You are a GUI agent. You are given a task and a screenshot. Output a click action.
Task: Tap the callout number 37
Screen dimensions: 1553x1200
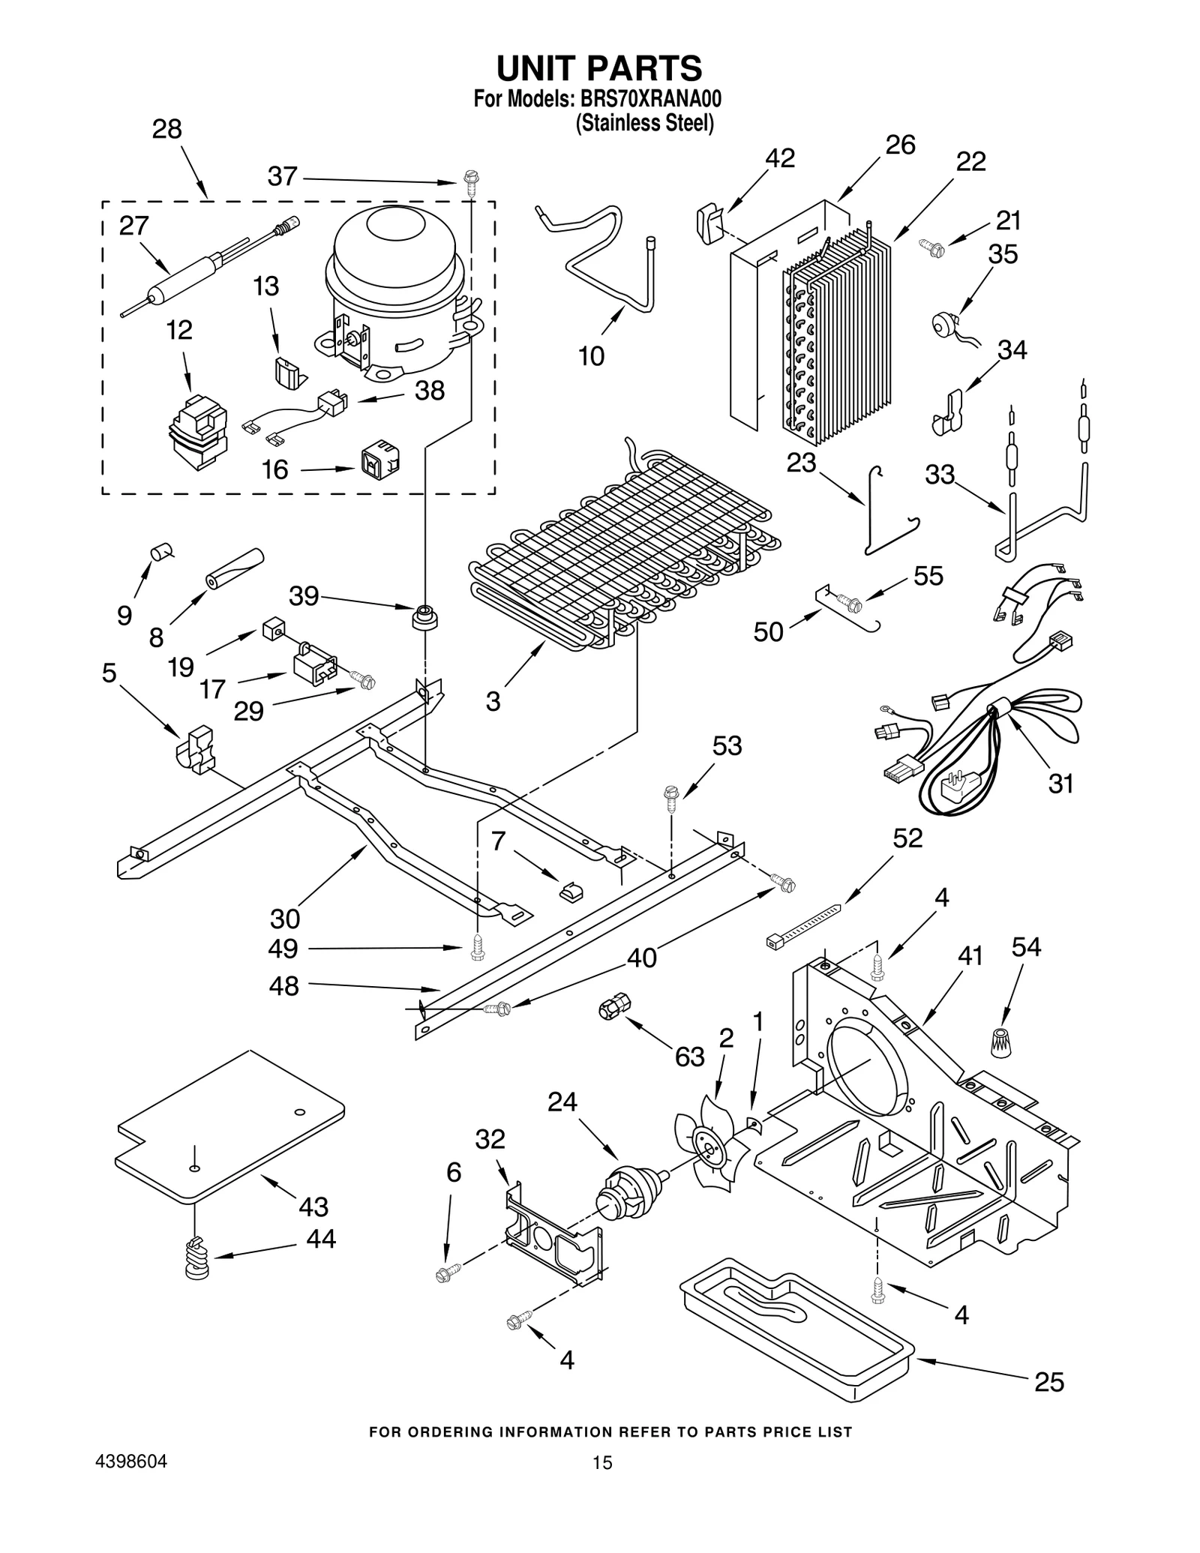coord(283,177)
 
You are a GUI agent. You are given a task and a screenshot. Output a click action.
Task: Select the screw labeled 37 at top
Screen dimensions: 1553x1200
coord(471,181)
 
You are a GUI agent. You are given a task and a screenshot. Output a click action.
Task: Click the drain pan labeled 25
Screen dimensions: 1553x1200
coord(795,1327)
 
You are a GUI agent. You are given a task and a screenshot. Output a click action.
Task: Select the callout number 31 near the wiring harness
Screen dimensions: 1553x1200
coord(1060,784)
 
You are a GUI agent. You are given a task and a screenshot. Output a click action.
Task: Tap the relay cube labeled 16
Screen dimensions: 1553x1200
coord(380,465)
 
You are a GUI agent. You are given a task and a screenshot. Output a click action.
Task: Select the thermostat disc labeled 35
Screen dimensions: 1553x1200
coord(940,323)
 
